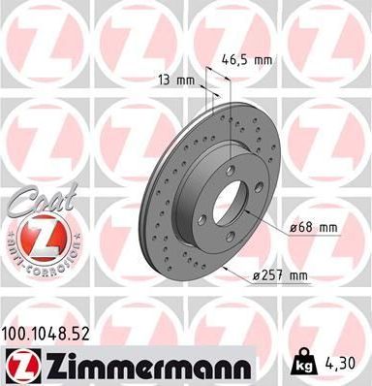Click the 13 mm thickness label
[x=169, y=80]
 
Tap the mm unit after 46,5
[x=262, y=59]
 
